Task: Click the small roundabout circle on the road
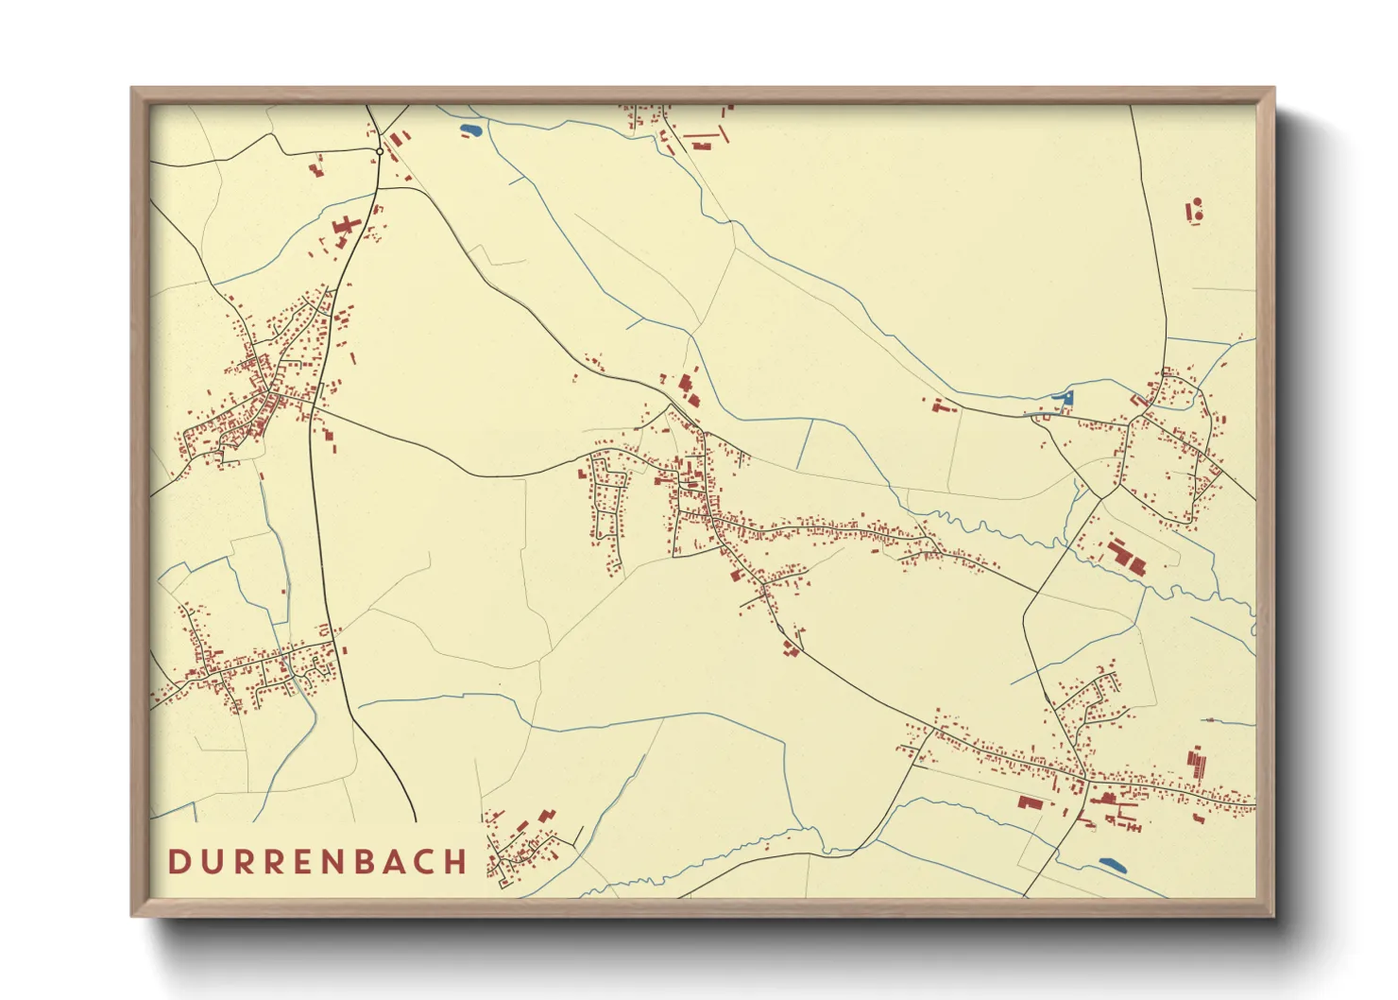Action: pos(379,151)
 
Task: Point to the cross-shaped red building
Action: pos(347,228)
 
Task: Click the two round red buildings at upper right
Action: pos(1195,209)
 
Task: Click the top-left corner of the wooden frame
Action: pos(132,88)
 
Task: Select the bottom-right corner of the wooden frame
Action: pos(1273,915)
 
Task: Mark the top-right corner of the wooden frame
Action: pos(1273,88)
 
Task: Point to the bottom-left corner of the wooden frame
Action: pos(132,915)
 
